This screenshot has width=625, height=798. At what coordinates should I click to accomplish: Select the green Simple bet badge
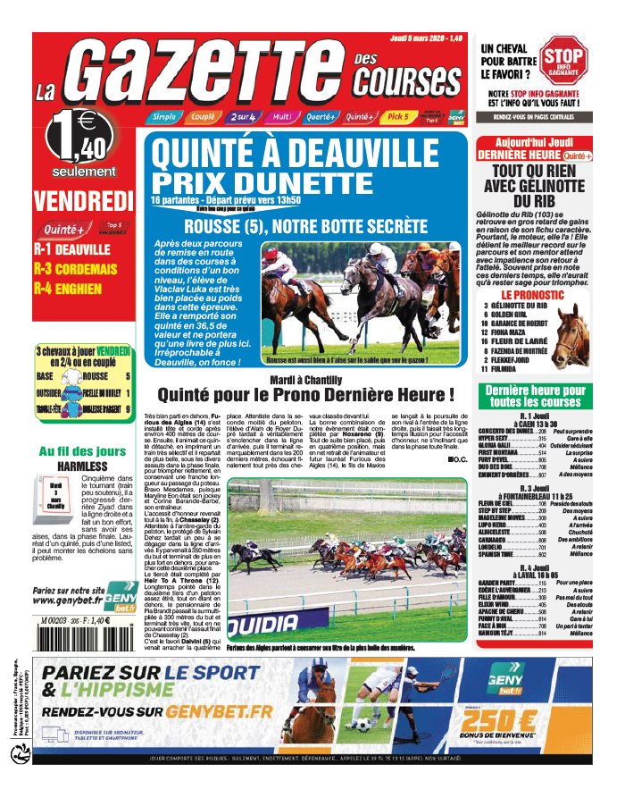[163, 117]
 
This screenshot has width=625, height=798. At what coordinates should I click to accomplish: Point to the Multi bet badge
[281, 117]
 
